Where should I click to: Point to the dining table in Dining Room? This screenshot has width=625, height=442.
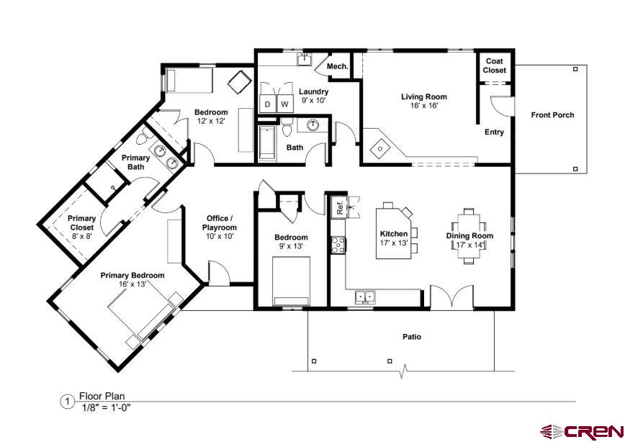pyautogui.click(x=469, y=236)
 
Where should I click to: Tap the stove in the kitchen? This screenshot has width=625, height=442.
pyautogui.click(x=337, y=245)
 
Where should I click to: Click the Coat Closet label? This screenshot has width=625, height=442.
pyautogui.click(x=495, y=66)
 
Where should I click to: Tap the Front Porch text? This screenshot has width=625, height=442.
pyautogui.click(x=552, y=115)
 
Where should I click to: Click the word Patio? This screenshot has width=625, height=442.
pyautogui.click(x=412, y=337)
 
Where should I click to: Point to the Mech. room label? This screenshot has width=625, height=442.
pyautogui.click(x=338, y=67)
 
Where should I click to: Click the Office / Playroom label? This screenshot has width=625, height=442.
pyautogui.click(x=218, y=227)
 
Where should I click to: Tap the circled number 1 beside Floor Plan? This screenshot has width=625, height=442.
pyautogui.click(x=68, y=402)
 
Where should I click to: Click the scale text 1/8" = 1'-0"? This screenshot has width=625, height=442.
pyautogui.click(x=106, y=407)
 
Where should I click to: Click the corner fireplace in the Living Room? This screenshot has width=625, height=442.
pyautogui.click(x=379, y=148)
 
